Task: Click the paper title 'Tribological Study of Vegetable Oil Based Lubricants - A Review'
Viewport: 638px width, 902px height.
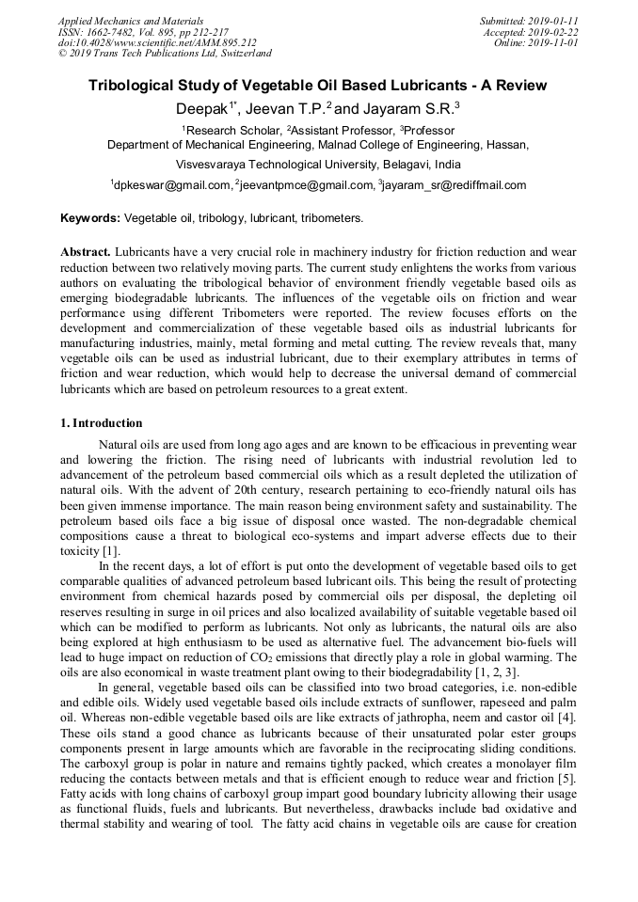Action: [x=318, y=86]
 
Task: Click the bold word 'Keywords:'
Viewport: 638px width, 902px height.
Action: [x=90, y=218]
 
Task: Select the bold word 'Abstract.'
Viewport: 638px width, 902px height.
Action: [x=86, y=253]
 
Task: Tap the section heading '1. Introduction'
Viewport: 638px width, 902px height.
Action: [x=102, y=423]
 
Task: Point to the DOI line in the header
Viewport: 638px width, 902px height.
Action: [x=157, y=42]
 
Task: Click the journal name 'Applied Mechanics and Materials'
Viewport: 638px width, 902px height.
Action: [x=131, y=20]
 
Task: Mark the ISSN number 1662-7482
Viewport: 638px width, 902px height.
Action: [x=113, y=31]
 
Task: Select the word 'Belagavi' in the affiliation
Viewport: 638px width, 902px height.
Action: [x=384, y=164]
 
